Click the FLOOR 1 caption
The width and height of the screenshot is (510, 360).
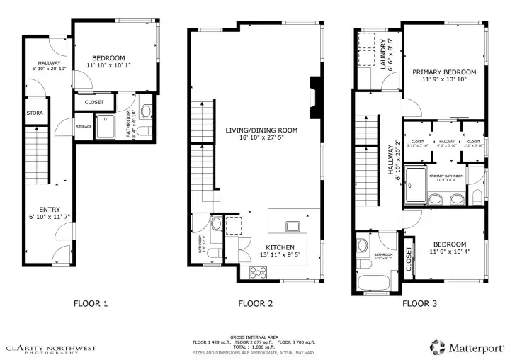pyautogui.click(x=91, y=304)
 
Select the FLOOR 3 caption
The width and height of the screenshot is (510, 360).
pyautogui.click(x=420, y=304)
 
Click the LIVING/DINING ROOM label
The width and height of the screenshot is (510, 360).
pyautogui.click(x=261, y=130)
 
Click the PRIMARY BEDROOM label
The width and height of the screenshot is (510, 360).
pyautogui.click(x=444, y=72)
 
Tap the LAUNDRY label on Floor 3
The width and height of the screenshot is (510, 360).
pyautogui.click(x=383, y=55)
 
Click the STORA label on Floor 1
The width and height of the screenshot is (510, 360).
pyautogui.click(x=34, y=113)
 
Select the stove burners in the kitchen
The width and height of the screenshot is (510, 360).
pyautogui.click(x=256, y=272)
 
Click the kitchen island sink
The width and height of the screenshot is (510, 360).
pyautogui.click(x=291, y=226)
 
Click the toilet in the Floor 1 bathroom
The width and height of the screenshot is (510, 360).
pyautogui.click(x=146, y=111)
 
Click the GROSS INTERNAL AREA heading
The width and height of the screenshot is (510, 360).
pyautogui.click(x=254, y=337)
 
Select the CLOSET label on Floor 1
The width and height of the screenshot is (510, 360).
pyautogui.click(x=93, y=102)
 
